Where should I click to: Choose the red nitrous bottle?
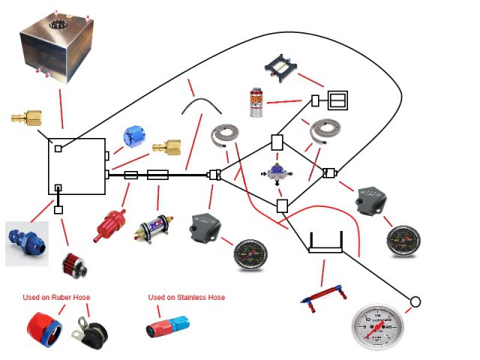click(x=256, y=102)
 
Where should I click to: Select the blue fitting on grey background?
click(x=26, y=241)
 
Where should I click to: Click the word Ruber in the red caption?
click(x=63, y=298)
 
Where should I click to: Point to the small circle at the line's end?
click(x=415, y=302)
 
